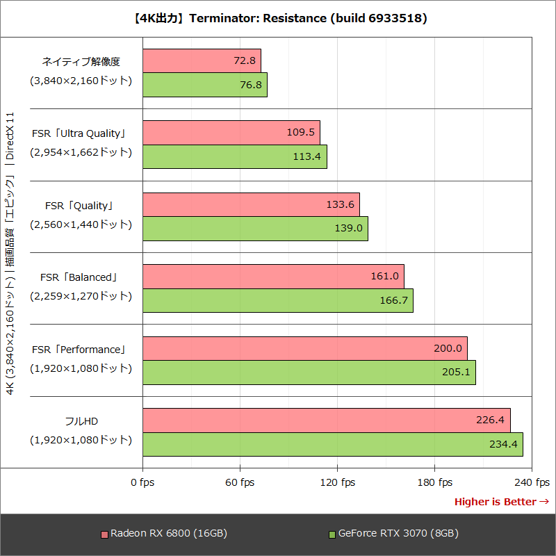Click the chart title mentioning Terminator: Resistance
coord(278,18)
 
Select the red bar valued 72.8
coord(202,60)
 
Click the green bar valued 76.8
coord(205,85)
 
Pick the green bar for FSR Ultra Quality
coord(235,156)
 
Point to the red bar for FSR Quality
coord(251,204)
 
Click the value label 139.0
coord(349,229)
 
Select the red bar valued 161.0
coord(273,276)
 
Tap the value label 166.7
coord(394,300)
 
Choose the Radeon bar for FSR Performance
coord(304,348)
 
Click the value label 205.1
coord(456,373)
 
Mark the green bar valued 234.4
coord(332,444)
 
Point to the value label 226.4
coord(490,420)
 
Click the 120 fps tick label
coord(337,482)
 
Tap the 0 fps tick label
coord(142,482)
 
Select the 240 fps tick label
coord(532,482)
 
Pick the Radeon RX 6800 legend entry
coord(164,534)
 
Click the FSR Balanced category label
coord(79,277)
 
